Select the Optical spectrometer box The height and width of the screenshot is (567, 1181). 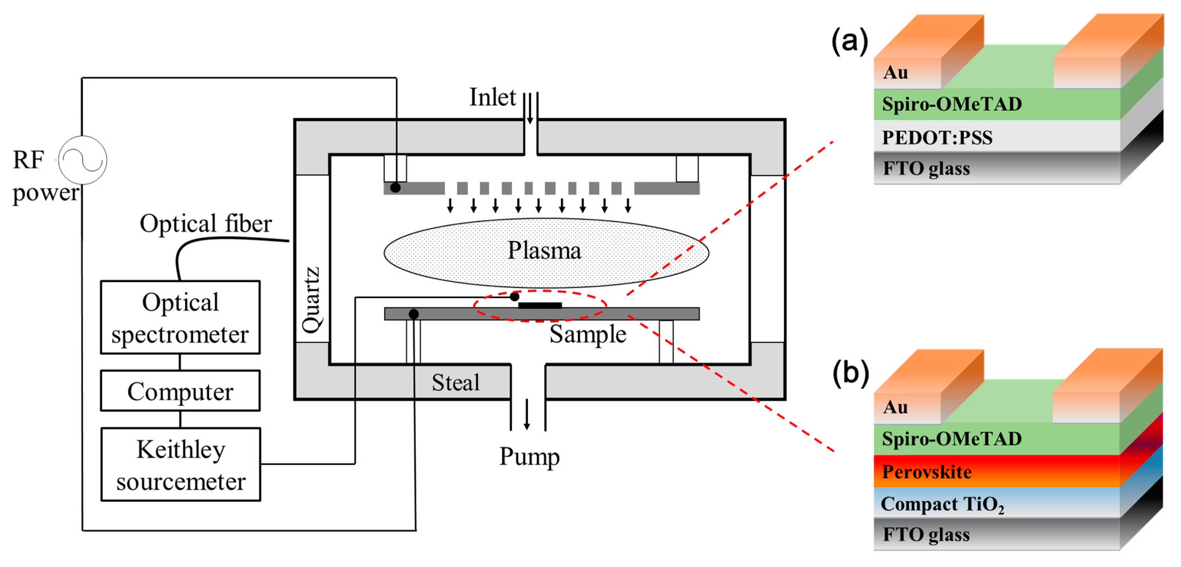point(180,317)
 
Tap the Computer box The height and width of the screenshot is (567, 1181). point(180,391)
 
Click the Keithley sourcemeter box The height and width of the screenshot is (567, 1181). point(181,464)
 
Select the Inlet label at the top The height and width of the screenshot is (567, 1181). point(492,97)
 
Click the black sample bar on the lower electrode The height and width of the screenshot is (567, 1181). point(540,306)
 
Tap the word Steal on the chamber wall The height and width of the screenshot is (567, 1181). point(455,382)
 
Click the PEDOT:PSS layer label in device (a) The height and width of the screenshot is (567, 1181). point(937,137)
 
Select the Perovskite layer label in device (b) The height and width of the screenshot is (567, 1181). point(927,472)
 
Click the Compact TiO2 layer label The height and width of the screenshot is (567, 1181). point(942,504)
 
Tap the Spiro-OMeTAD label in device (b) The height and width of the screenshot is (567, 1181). point(952,439)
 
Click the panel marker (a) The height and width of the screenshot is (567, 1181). point(850,40)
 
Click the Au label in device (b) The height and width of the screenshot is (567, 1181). point(895,407)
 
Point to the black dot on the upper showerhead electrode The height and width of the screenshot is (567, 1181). point(395,188)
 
